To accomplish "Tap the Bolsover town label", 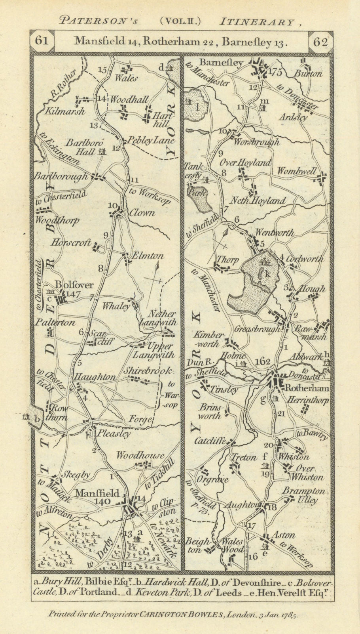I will [69, 285].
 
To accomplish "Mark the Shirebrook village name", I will [148, 371].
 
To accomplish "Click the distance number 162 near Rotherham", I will [262, 361].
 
